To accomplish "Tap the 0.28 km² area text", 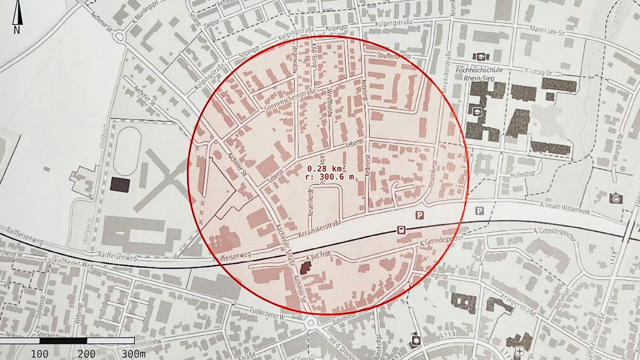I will pos(326,169).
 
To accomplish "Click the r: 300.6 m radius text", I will pos(330,177).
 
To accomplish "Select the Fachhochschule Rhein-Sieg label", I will pos(479,74).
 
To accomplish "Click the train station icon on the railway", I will pos(401,230).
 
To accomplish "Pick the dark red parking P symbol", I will pos(420,215).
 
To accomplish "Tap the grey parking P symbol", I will pos(479,211).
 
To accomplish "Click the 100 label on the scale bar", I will pos(40,354).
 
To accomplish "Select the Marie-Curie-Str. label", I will pos(547,31).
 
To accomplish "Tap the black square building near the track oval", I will pos(120,185).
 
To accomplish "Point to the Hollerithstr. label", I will pos(523,175).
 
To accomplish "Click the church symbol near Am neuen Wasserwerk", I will pos(615,198).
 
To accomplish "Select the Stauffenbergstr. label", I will pos(394,56).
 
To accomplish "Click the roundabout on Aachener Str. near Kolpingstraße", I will pos(119,37).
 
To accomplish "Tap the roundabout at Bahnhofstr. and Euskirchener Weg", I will pos(310,323).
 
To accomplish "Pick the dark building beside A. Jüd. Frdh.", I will pos(306,267).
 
